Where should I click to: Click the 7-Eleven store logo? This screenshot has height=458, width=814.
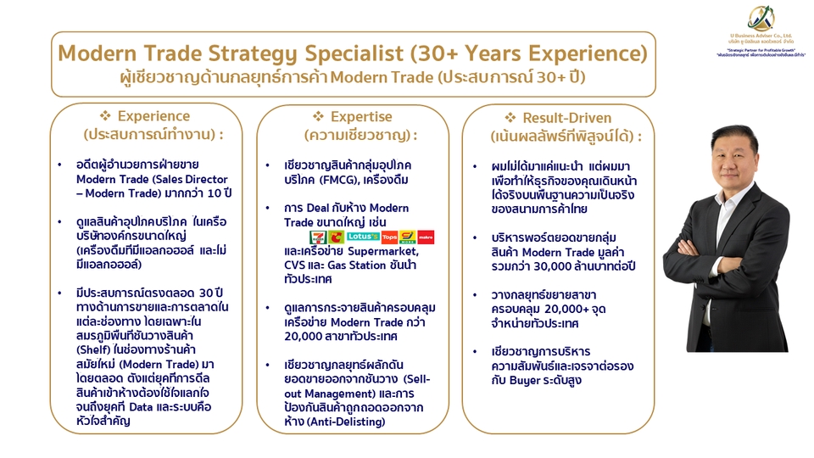click(318, 237)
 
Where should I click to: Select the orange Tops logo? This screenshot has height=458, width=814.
click(389, 237)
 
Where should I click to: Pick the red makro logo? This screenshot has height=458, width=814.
click(426, 237)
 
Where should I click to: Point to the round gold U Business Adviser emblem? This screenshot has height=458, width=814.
click(761, 18)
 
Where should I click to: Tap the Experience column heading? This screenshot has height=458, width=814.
click(153, 116)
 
